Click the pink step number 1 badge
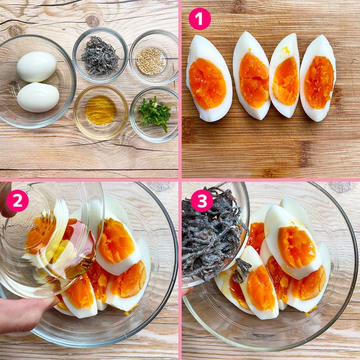(200, 19)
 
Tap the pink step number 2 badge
(17, 201)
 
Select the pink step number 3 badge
(202, 201)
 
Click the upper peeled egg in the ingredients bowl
(37, 66)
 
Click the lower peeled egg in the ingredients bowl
(38, 97)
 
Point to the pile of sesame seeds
(151, 61)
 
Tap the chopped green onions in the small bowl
(155, 114)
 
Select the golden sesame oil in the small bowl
(101, 111)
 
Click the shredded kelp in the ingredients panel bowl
(100, 56)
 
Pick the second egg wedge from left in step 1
(251, 76)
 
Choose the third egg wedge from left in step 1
(285, 76)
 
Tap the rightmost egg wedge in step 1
(318, 78)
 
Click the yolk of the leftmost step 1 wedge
(207, 83)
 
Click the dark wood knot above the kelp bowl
(93, 21)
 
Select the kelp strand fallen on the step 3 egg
(242, 270)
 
